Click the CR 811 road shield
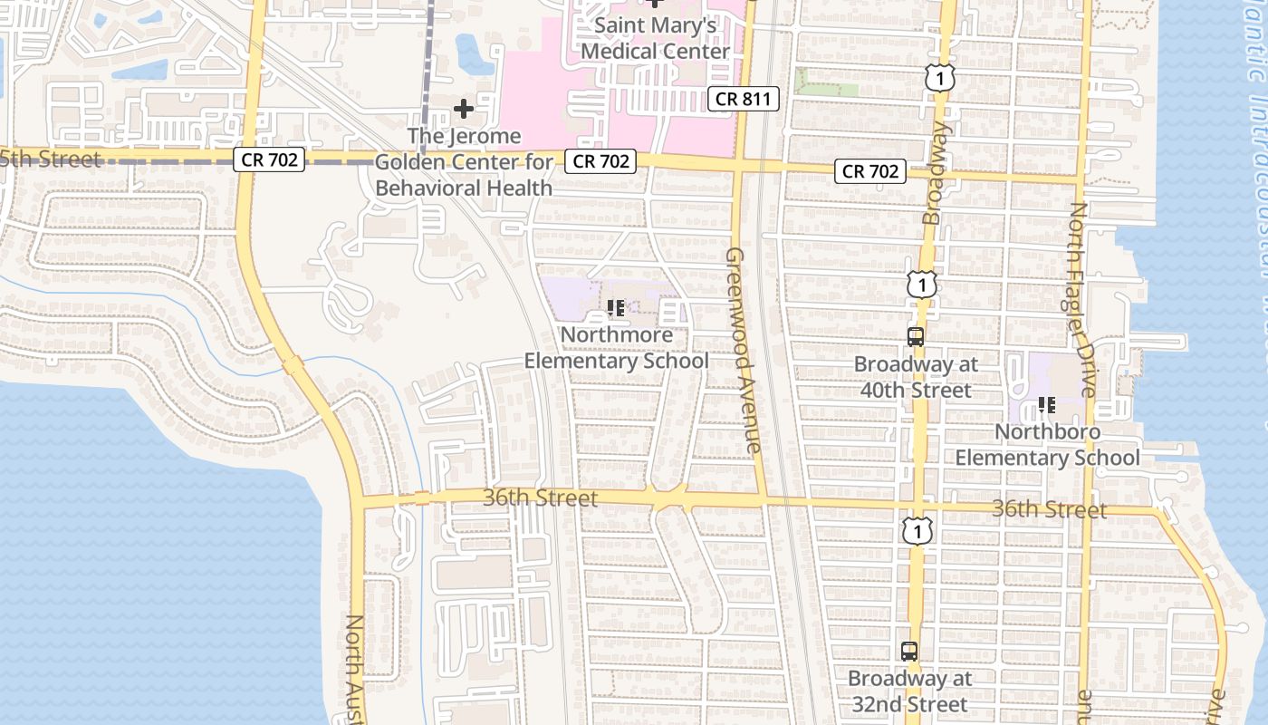(743, 99)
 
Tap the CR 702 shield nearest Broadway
(871, 170)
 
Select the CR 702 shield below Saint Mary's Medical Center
(600, 161)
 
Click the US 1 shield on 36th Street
(917, 530)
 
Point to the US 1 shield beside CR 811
(940, 78)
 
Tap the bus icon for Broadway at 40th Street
(916, 337)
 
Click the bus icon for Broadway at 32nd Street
(909, 651)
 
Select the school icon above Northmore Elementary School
(616, 308)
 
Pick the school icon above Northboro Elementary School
(1047, 404)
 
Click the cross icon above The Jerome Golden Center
(464, 110)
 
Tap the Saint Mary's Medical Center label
(655, 38)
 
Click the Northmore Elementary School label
(616, 348)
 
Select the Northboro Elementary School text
(1047, 444)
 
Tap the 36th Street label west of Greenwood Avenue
(540, 498)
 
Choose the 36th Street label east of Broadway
(1048, 509)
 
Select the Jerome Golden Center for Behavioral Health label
(464, 162)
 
